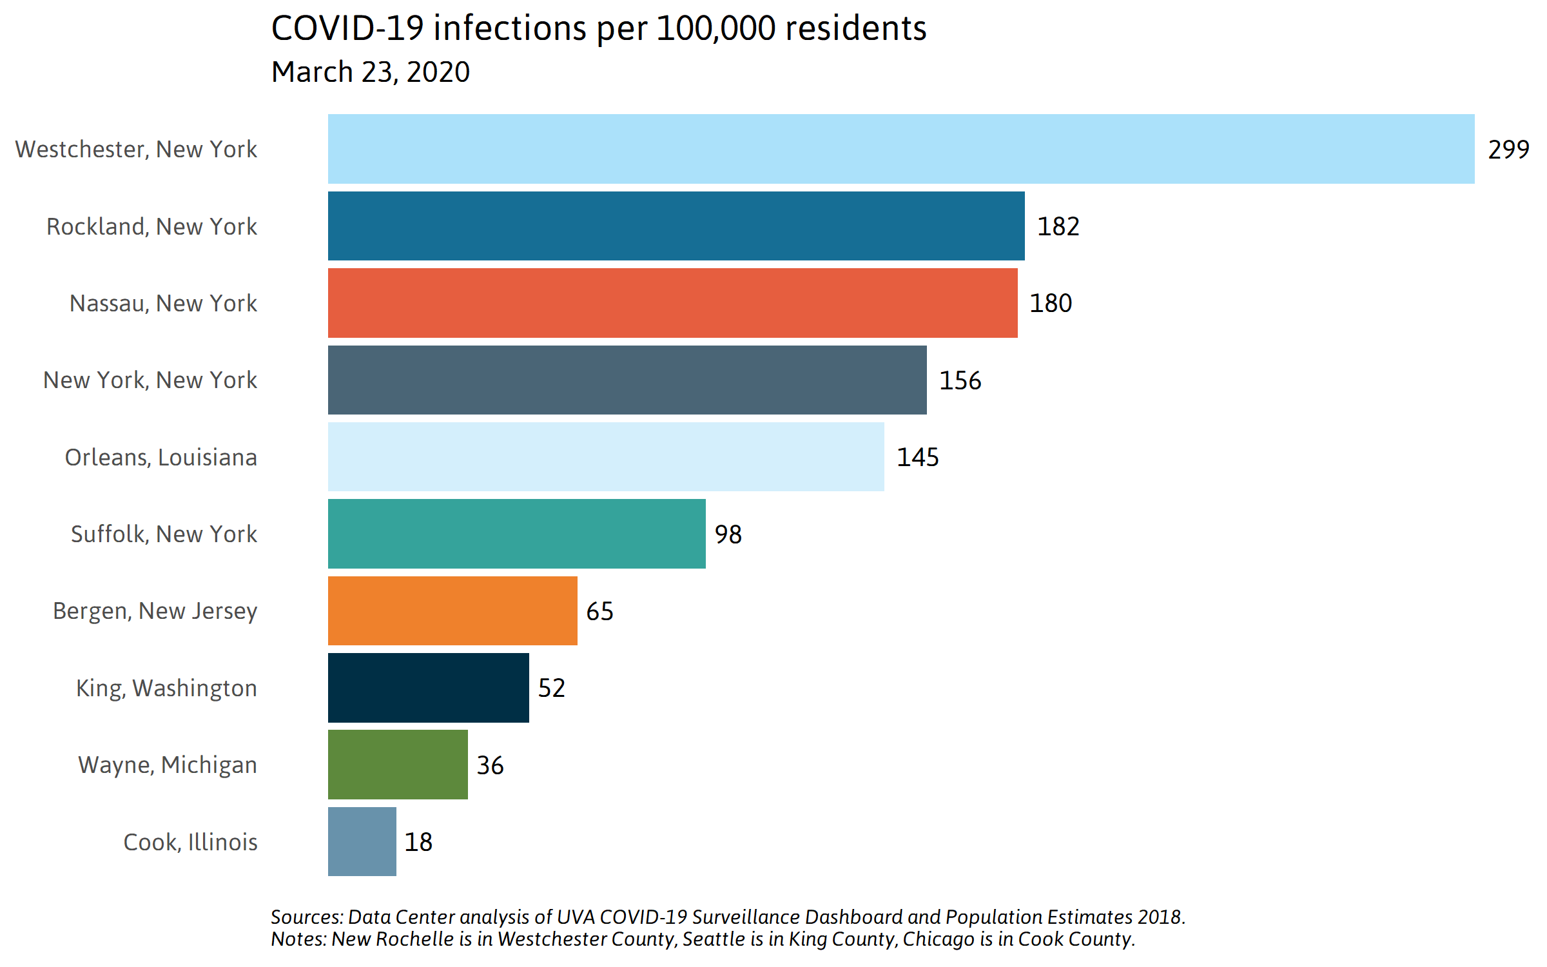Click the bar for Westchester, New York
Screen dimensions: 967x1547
pyautogui.click(x=900, y=149)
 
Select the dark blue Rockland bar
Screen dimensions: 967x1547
pyautogui.click(x=676, y=226)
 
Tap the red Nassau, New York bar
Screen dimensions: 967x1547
pyautogui.click(x=672, y=303)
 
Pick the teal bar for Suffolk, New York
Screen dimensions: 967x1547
pyautogui.click(x=516, y=534)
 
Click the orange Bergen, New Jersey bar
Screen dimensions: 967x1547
pyautogui.click(x=452, y=610)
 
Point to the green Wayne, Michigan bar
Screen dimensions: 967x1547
pyautogui.click(x=398, y=765)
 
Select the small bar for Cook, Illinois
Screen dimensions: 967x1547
pyautogui.click(x=362, y=841)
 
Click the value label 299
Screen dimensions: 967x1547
pyautogui.click(x=1508, y=150)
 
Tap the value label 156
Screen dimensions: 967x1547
pyautogui.click(x=960, y=380)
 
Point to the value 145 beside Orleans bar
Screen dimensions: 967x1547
pyautogui.click(x=917, y=457)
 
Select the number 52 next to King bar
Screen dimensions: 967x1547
pyautogui.click(x=551, y=688)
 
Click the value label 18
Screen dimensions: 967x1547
pyautogui.click(x=418, y=842)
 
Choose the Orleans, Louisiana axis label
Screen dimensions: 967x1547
pyautogui.click(x=161, y=457)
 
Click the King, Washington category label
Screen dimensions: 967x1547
pyautogui.click(x=166, y=688)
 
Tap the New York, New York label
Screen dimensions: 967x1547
pyautogui.click(x=150, y=380)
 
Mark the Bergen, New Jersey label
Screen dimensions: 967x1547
pyautogui.click(x=155, y=610)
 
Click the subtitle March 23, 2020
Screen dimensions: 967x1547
pyautogui.click(x=371, y=72)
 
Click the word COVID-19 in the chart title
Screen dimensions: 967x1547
pyautogui.click(x=347, y=28)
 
